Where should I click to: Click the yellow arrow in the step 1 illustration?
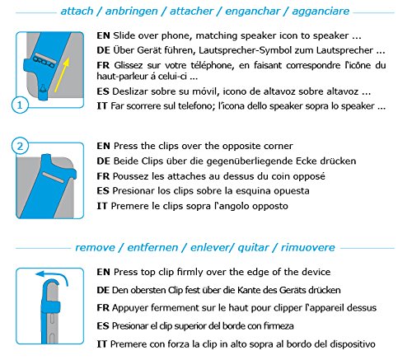tap(62, 75)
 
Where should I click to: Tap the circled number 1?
tap(20, 105)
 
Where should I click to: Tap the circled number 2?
tap(20, 146)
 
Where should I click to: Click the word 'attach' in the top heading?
tap(77, 12)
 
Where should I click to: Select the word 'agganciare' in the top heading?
tap(321, 12)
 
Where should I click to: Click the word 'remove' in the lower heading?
tap(95, 248)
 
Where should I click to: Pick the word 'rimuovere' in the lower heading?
tap(307, 247)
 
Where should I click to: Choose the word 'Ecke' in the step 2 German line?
tap(307, 161)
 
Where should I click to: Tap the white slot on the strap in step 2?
tap(54, 177)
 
